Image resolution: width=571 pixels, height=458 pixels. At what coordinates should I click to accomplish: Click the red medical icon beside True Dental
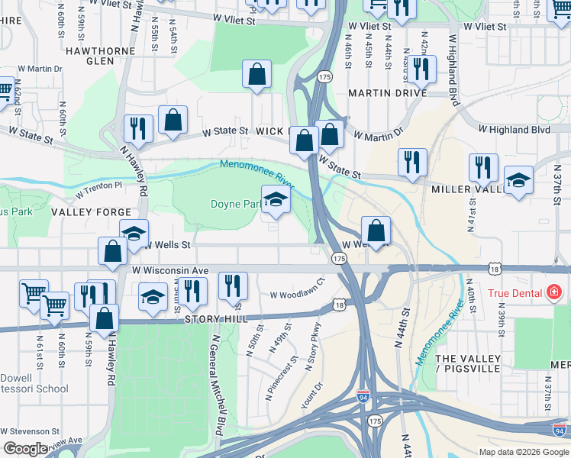coord(553,292)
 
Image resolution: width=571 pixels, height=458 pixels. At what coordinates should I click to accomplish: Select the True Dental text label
coord(516,292)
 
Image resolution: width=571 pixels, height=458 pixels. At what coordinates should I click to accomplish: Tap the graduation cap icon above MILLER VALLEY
coord(519,182)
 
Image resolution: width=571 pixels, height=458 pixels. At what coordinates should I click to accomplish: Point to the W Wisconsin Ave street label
coord(169,270)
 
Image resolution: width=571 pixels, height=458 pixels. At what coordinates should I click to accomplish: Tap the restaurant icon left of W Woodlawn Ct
coord(233,285)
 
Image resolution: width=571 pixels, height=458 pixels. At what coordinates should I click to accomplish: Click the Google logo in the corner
coord(26,449)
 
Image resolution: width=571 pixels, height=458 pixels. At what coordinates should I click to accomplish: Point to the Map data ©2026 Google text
coord(524,452)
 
